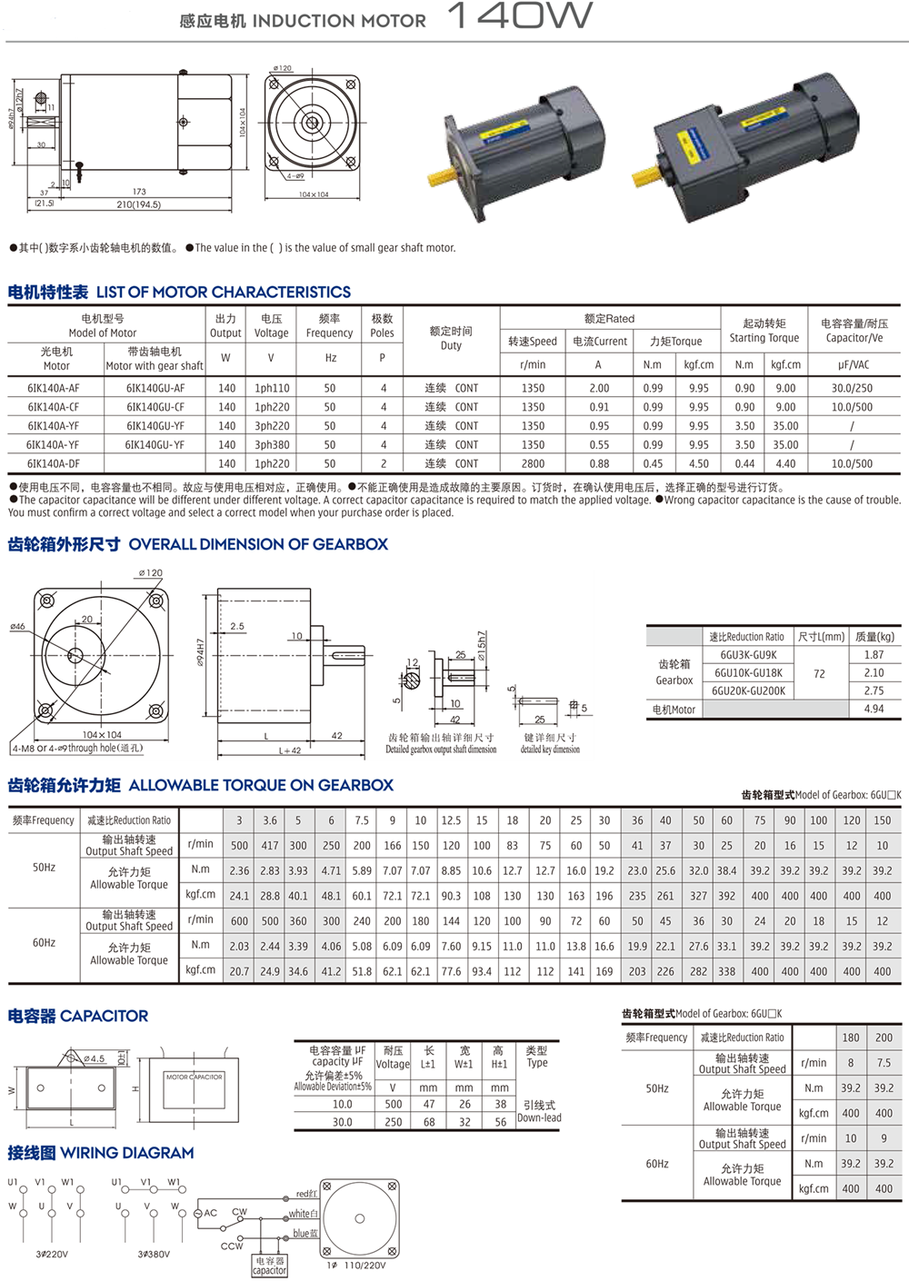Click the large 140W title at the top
pyautogui.click(x=520, y=15)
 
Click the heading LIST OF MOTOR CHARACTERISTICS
pyautogui.click(x=224, y=293)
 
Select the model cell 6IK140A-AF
pyautogui.click(x=53, y=388)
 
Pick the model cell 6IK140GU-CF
pyautogui.click(x=155, y=407)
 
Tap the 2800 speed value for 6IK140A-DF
pyautogui.click(x=533, y=463)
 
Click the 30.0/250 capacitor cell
pyautogui.click(x=852, y=388)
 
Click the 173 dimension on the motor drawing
pyautogui.click(x=139, y=192)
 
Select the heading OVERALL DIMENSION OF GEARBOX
pyautogui.click(x=258, y=544)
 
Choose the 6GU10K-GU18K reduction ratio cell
pyautogui.click(x=748, y=673)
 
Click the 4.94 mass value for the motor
pyautogui.click(x=874, y=709)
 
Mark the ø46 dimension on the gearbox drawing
pyautogui.click(x=17, y=627)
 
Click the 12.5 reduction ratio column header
pyautogui.click(x=451, y=820)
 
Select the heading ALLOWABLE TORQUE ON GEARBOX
pyautogui.click(x=261, y=785)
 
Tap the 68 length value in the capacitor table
pyautogui.click(x=429, y=1122)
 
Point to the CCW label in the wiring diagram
pyautogui.click(x=231, y=1246)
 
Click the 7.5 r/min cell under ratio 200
pyautogui.click(x=884, y=1063)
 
